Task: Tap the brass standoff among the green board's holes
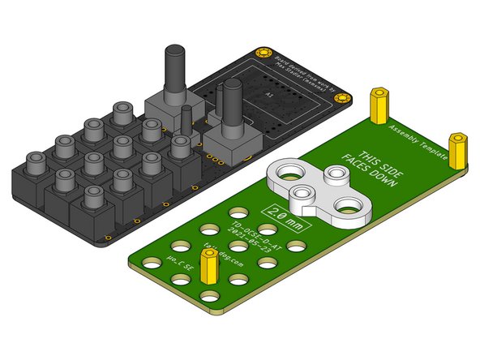pyautogui.click(x=210, y=267)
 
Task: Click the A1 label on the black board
pyautogui.click(x=271, y=95)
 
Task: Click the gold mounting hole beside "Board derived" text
pyautogui.click(x=261, y=54)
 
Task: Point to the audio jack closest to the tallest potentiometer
pyautogui.click(x=124, y=115)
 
